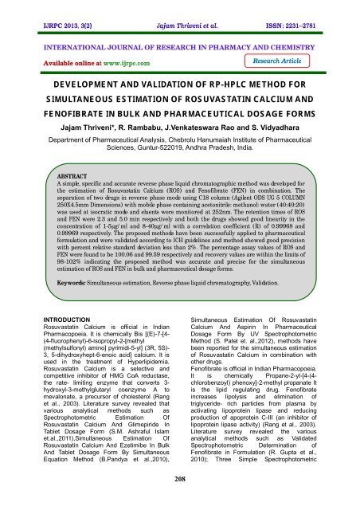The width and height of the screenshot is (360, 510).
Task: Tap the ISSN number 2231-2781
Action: [x=315, y=9]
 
